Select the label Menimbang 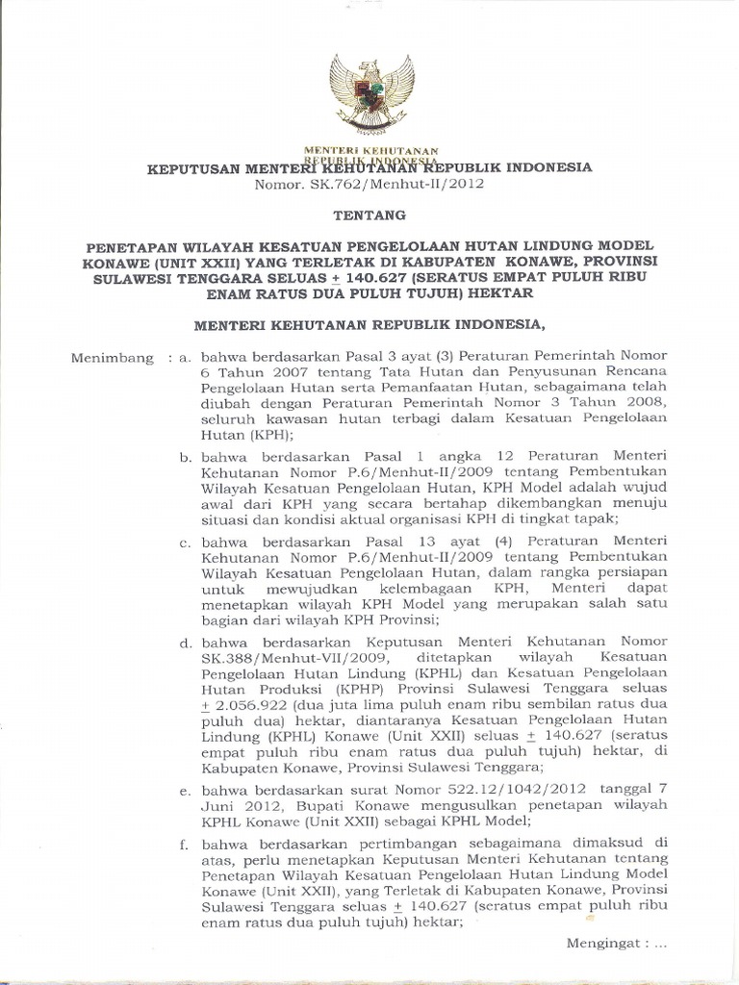click(113, 358)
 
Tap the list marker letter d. click(183, 639)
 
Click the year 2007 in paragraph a click(276, 373)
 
